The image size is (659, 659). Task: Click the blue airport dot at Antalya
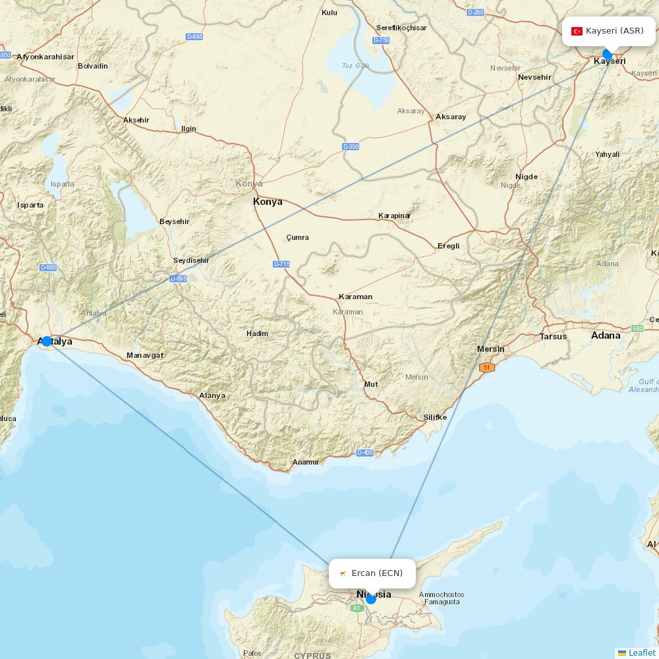(x=46, y=341)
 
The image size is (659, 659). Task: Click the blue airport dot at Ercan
(x=371, y=598)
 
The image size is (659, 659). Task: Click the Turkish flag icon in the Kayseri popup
(x=577, y=31)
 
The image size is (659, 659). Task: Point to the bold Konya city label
(x=268, y=202)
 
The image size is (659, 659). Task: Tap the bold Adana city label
(x=606, y=335)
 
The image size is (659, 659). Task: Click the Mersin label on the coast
(x=491, y=349)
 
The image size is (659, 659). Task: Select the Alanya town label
(x=212, y=396)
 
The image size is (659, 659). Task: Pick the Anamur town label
(x=306, y=463)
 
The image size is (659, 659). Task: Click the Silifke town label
(x=435, y=417)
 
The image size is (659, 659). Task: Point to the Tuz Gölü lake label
(x=356, y=66)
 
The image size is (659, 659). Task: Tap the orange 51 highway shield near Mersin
(x=487, y=368)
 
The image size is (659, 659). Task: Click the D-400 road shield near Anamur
(x=364, y=453)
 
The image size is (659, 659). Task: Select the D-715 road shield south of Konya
(x=281, y=264)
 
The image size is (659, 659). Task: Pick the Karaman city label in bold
(x=355, y=297)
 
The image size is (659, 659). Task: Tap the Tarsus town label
(x=553, y=337)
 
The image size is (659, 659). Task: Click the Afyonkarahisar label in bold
(x=45, y=57)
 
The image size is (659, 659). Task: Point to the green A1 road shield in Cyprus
(x=357, y=608)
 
